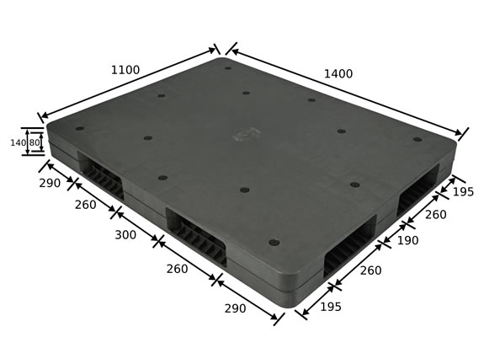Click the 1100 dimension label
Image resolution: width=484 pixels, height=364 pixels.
[125, 70]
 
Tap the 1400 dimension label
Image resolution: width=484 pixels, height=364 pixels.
[338, 74]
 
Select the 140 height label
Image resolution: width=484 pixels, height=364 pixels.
[18, 142]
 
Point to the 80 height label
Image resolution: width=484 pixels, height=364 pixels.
[35, 142]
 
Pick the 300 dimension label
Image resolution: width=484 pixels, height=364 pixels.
[125, 235]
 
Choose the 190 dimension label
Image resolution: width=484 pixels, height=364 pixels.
[407, 240]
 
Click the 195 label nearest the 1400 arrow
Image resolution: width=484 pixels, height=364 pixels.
[463, 192]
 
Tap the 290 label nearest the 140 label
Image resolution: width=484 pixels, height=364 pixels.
[50, 183]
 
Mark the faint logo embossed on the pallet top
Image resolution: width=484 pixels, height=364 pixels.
[247, 134]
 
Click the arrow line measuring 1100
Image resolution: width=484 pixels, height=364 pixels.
[128, 83]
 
